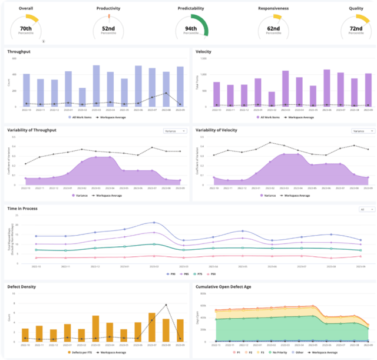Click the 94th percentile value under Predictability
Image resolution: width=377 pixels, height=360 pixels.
pyautogui.click(x=191, y=28)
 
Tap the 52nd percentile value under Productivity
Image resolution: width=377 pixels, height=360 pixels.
pyautogui.click(x=108, y=28)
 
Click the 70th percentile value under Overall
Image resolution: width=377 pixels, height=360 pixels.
pyautogui.click(x=26, y=28)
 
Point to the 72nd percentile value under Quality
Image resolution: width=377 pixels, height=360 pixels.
pyautogui.click(x=355, y=28)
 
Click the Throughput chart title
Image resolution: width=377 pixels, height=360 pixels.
pyautogui.click(x=19, y=52)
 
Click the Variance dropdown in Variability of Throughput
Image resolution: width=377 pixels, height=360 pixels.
pyautogui.click(x=175, y=131)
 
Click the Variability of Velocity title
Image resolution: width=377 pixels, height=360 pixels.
pyautogui.click(x=221, y=130)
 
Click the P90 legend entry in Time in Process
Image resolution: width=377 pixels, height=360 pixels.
pyautogui.click(x=171, y=274)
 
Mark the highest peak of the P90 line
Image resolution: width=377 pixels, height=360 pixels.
pyautogui.click(x=153, y=223)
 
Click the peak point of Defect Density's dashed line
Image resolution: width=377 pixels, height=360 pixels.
pyautogui.click(x=166, y=305)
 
